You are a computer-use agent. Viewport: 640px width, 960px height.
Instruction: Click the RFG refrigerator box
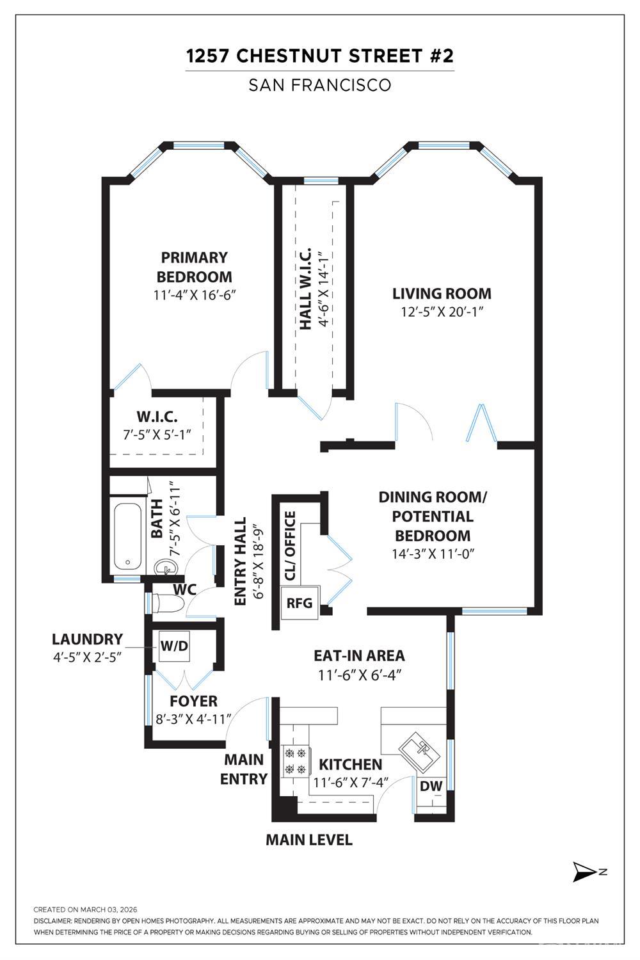[300, 603]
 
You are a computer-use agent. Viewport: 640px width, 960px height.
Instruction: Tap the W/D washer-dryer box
[174, 646]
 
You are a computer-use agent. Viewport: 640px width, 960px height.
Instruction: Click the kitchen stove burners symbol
[295, 761]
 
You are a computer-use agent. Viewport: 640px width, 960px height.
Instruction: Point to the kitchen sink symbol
[419, 749]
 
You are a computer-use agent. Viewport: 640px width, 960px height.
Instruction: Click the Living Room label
[442, 294]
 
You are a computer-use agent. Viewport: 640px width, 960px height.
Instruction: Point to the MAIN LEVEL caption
[309, 840]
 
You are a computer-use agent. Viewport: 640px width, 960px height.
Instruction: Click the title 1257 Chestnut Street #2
[320, 56]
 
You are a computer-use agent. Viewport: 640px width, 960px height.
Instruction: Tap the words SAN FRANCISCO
[320, 85]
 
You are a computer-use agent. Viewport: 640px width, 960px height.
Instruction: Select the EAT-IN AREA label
[359, 655]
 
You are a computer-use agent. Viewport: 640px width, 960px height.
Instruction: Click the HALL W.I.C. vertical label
[306, 289]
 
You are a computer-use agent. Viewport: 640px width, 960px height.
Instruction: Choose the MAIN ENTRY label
[244, 769]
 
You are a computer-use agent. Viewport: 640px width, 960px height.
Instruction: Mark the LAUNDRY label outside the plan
[87, 639]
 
